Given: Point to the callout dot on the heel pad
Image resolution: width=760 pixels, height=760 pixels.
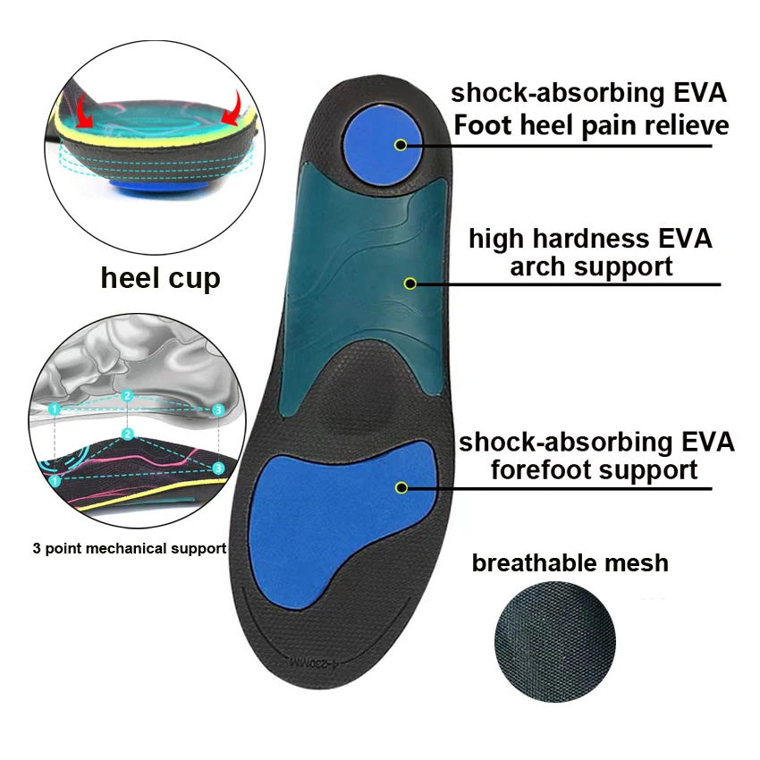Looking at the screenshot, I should (400, 145).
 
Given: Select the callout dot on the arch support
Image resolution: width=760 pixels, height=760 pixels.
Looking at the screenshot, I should (410, 283).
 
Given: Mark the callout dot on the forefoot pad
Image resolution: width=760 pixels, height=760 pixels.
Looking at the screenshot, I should (401, 487).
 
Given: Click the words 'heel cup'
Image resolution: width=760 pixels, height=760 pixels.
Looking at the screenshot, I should (160, 277).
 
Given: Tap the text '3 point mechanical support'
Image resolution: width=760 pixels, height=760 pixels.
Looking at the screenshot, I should (129, 548).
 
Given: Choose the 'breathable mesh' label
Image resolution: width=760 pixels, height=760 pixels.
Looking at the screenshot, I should (570, 562).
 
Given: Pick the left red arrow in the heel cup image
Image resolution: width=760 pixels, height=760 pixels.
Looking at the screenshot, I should (84, 112).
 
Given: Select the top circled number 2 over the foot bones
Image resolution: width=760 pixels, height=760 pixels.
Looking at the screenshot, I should (127, 395).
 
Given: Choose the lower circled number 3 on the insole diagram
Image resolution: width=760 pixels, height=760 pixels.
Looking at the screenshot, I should (217, 467).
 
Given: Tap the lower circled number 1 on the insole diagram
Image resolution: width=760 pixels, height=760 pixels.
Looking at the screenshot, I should (55, 480).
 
